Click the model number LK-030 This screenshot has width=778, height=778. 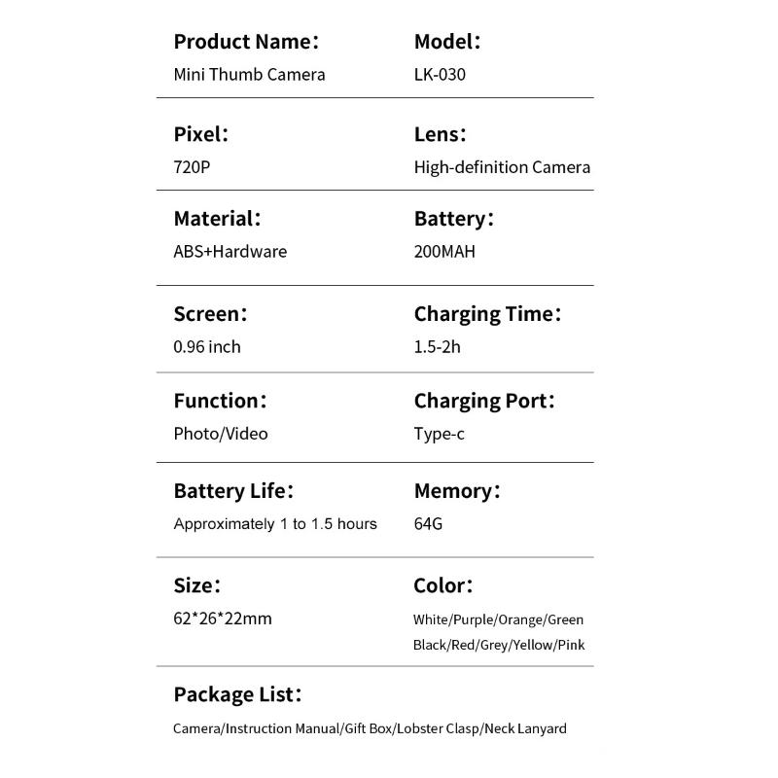440,74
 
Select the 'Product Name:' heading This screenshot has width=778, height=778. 246,42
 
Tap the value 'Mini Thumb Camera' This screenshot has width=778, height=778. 249,74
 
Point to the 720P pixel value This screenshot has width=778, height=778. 192,167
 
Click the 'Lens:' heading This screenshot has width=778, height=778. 440,135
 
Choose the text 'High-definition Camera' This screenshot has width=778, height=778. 502,167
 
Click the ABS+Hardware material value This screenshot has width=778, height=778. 230,252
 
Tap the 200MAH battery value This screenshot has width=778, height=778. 444,252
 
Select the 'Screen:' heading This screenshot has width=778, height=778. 210,314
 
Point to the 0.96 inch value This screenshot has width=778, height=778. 207,347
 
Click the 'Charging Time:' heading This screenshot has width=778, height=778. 487,314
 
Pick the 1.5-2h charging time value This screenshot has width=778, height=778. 437,347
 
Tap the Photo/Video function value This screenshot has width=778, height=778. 221,434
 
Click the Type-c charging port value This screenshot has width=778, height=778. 439,434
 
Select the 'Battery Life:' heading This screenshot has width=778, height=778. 233,491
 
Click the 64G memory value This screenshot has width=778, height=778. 428,524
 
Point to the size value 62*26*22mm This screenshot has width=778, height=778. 223,619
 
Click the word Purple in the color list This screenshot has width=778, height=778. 474,619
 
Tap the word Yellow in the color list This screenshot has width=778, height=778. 533,645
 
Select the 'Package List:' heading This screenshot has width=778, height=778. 237,695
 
